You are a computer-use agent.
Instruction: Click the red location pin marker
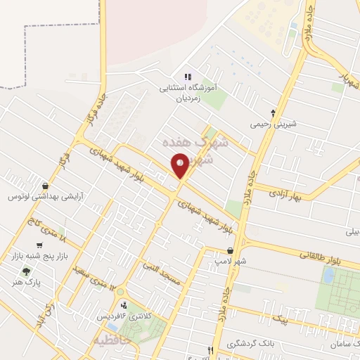[x=180, y=166]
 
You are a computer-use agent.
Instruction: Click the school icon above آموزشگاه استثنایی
[x=187, y=77]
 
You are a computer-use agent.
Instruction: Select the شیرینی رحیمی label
[x=274, y=124]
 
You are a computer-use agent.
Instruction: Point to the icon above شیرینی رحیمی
[x=274, y=112]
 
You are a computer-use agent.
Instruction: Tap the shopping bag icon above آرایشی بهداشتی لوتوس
[x=46, y=186]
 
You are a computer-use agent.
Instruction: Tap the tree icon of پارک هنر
[x=26, y=271]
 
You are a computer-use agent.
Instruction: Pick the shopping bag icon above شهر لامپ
[x=231, y=250]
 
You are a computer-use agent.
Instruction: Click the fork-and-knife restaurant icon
[x=210, y=351]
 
